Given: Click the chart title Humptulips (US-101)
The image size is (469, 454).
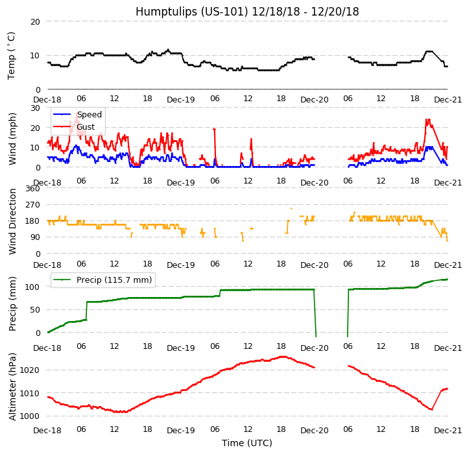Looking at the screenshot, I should point(247,12).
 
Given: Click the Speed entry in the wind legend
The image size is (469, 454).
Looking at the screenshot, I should point(89,115).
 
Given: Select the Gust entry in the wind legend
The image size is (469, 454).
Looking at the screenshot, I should point(85,126).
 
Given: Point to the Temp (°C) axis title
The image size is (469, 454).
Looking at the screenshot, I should point(12,55).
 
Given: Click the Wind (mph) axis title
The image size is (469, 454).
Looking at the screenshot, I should point(12,138).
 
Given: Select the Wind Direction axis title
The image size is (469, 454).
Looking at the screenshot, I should point(12,221).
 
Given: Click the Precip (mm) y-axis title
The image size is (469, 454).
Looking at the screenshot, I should point(12,304).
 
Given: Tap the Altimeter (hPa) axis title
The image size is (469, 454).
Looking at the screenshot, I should point(12,387).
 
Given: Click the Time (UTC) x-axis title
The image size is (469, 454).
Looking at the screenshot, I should point(247,443).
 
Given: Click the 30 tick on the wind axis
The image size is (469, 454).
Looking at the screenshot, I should point(35,108).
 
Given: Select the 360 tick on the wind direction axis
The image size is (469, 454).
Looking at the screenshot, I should point(32,189).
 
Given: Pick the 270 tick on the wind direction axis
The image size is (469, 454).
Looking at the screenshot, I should point(32,205).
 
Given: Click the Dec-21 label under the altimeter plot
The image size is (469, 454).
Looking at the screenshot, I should point(448,431).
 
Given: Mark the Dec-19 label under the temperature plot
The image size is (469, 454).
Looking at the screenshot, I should point(181,100).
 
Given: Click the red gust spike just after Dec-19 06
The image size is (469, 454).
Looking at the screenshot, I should point(214,130).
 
